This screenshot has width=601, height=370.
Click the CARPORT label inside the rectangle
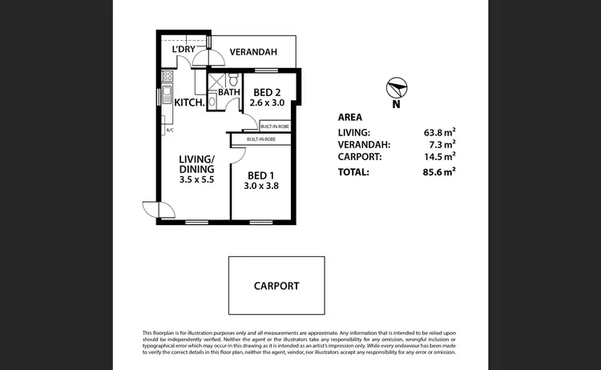276,286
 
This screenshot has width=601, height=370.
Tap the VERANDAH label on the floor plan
253,52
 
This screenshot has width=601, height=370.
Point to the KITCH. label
189,102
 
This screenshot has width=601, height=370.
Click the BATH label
230,92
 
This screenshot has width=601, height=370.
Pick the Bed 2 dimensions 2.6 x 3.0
267,103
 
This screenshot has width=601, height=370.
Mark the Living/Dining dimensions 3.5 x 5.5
196,181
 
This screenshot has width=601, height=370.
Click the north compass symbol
395,86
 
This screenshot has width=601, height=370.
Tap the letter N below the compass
395,104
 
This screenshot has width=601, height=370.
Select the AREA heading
351,117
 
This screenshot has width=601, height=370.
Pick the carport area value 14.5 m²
438,157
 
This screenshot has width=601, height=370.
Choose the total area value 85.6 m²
438,171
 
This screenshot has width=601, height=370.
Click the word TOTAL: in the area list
354,171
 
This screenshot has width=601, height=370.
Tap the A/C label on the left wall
169,129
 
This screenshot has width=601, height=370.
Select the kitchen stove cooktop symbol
168,77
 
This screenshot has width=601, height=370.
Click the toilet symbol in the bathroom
232,79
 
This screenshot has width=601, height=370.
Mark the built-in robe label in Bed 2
274,127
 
